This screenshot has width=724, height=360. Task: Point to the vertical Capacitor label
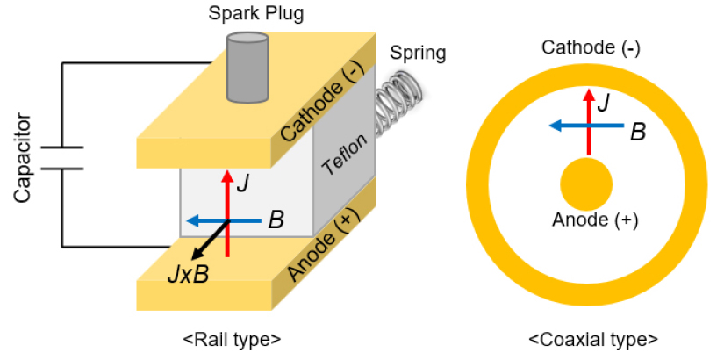[x=24, y=157]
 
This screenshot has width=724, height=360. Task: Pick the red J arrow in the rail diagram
[x=227, y=211]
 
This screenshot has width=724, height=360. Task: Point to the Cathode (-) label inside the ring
[x=590, y=47]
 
